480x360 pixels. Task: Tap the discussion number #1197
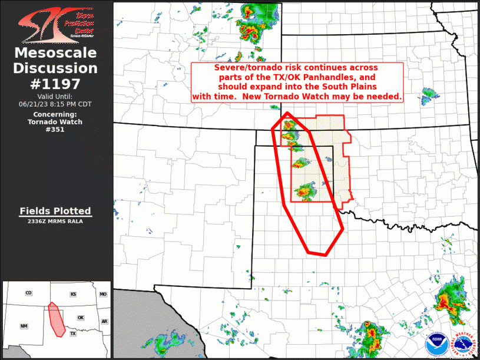(56, 84)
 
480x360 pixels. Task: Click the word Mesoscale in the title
(56, 53)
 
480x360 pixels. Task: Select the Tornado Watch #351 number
(56, 130)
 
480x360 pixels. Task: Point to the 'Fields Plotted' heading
(55, 211)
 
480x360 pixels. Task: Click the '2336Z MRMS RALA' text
(55, 222)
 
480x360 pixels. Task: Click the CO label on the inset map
(28, 293)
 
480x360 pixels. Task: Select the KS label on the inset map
(74, 293)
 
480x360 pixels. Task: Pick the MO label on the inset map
(103, 294)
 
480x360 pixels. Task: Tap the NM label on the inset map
(24, 326)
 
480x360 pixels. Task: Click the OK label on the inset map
(81, 318)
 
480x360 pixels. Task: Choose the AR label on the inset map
(104, 322)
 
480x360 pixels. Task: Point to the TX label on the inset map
(73, 333)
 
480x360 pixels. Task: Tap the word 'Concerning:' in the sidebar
(55, 114)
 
